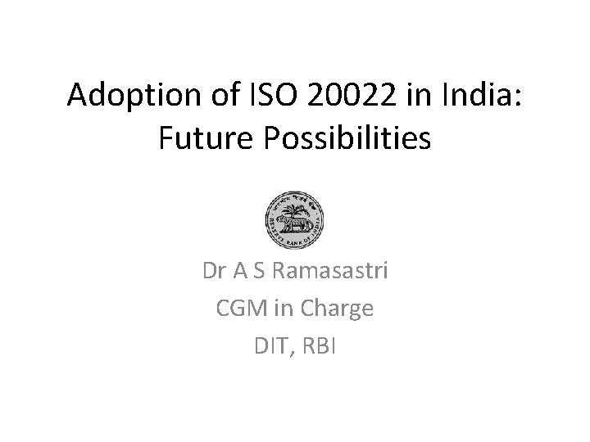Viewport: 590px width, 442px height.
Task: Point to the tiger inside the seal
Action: (288, 225)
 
